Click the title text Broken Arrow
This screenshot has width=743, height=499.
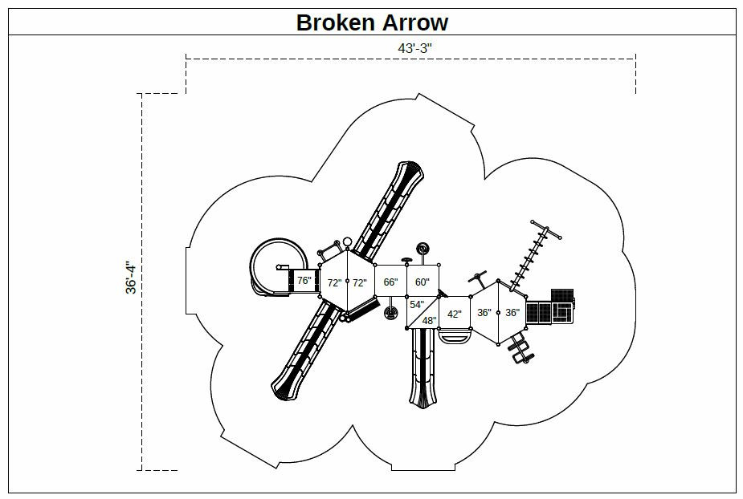click(372, 22)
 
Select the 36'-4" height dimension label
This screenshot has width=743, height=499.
click(132, 278)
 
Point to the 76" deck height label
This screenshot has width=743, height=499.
click(304, 281)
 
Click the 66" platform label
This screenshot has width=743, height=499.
click(390, 282)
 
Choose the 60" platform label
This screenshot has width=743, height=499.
click(423, 282)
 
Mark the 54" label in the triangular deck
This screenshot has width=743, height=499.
click(416, 305)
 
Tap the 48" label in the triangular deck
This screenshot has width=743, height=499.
click(429, 321)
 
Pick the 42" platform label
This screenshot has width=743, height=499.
click(455, 314)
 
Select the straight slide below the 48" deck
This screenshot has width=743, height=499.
click(423, 369)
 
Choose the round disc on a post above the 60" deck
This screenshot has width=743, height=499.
click(421, 248)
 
